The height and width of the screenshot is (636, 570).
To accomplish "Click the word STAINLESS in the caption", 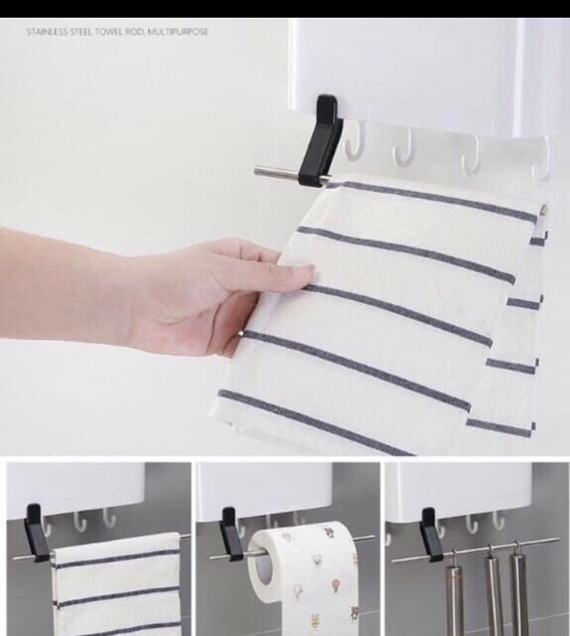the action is pos(48,32).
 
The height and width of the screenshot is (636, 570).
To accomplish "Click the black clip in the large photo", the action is pos(322,139).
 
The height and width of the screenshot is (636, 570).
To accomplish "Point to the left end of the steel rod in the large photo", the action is pos(256,171).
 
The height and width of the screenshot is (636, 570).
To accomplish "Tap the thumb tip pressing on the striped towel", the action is pos(309,270).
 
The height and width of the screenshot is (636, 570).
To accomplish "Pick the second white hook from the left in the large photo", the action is pos(403,147).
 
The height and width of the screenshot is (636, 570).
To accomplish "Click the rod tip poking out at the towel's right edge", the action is pos(543,210).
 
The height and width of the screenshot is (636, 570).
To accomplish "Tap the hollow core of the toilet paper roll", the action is pos(265,568).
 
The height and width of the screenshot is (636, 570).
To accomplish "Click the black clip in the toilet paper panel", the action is pos(229,535).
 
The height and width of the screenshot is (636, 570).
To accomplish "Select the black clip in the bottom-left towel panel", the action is pos(36,534).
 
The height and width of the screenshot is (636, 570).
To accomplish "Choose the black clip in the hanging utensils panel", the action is pos(431,535).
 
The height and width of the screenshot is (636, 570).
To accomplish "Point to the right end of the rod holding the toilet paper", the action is pos(372,537).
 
